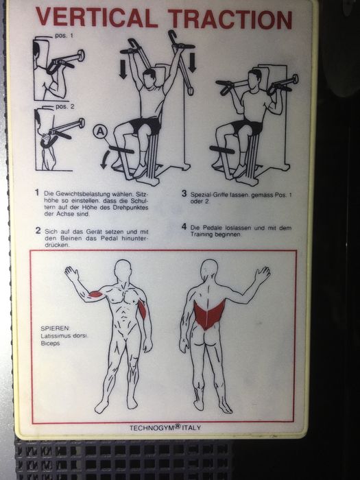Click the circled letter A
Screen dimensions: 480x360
coord(101,130)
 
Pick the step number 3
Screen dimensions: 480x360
coord(183,193)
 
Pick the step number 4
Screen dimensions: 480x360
coord(184,226)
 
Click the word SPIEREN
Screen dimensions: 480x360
coord(55,327)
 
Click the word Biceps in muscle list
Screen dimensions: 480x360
coord(51,344)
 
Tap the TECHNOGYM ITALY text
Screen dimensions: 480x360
coord(165,428)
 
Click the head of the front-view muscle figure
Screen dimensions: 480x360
coord(123,269)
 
